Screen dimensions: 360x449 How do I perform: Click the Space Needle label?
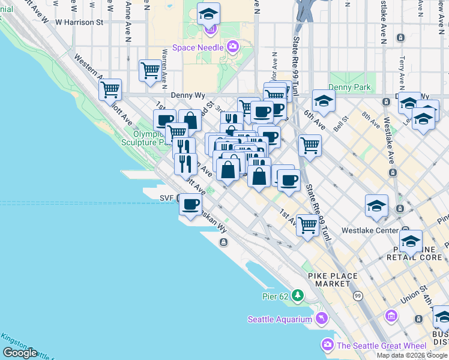[199, 47]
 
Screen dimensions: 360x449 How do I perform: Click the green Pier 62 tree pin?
[298, 296]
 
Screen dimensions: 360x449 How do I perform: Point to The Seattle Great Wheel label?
[381, 345]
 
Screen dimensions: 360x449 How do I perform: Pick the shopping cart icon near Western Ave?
[110, 90]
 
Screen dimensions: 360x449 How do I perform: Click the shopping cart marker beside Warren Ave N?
[150, 70]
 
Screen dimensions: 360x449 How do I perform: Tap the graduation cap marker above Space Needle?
[208, 13]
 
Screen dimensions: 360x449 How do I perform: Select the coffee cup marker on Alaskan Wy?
[191, 204]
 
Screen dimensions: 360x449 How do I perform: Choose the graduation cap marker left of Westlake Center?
[376, 205]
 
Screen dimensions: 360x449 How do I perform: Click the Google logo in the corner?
[20, 353]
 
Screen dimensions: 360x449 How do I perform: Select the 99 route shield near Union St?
[358, 296]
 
